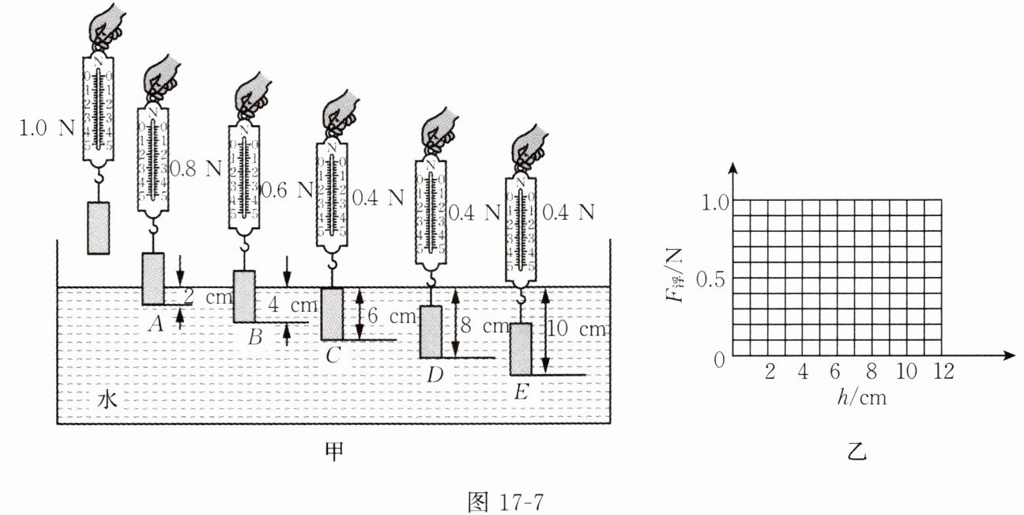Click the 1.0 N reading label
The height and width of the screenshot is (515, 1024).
click(47, 128)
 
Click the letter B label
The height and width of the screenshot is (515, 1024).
click(254, 338)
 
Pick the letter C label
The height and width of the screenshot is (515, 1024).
click(333, 355)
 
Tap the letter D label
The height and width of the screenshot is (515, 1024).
click(435, 375)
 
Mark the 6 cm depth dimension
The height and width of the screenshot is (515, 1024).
click(392, 316)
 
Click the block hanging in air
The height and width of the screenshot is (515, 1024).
click(97, 227)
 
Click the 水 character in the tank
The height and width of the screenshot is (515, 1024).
click(107, 400)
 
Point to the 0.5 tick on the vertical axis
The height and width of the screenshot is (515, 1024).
click(711, 278)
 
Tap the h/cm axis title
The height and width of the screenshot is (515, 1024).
click(861, 398)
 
